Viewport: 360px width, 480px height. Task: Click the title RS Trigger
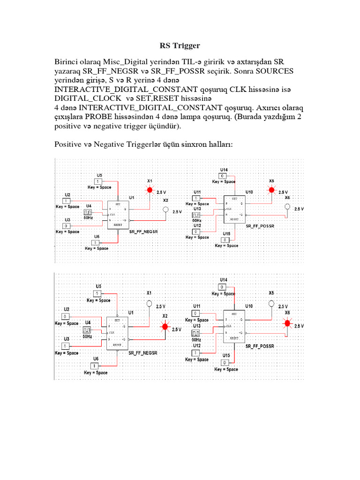(180, 46)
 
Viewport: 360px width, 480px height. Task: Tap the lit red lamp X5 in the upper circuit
(271, 190)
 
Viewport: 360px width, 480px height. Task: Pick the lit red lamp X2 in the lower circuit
(165, 327)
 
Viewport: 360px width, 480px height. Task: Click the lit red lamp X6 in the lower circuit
(287, 323)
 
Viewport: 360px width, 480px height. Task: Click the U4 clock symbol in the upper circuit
(88, 212)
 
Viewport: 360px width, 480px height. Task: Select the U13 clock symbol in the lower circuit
(196, 333)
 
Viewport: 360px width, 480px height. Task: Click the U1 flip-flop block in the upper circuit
(119, 214)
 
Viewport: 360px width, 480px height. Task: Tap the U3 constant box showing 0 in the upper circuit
(67, 226)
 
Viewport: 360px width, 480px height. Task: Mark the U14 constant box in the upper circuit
(224, 175)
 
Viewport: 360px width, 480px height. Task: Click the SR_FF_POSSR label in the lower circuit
(260, 346)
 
